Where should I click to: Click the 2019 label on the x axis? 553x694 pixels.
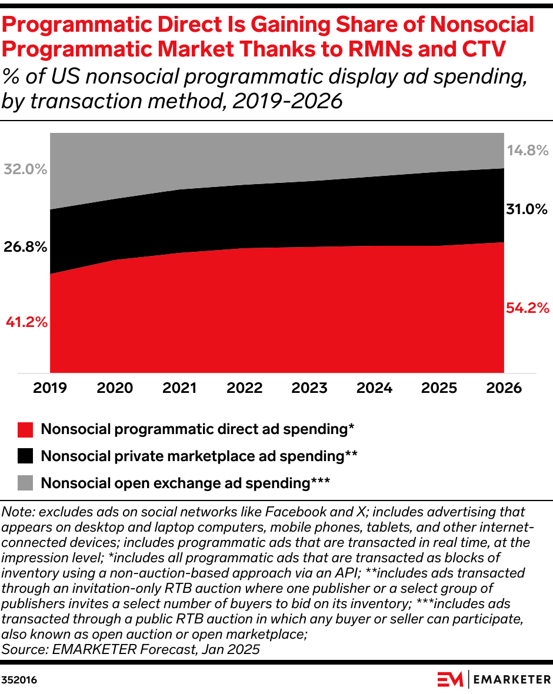point(50,388)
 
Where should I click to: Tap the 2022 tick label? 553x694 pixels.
point(244,388)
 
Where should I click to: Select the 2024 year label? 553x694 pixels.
point(375,388)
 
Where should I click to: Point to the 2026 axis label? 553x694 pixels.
point(504,388)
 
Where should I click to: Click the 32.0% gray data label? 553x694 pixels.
point(25,169)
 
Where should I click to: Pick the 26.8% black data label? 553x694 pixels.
point(25,247)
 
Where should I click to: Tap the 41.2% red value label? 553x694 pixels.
point(26,322)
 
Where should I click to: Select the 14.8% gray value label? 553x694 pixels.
point(527,150)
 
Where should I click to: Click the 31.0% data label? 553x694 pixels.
point(527,209)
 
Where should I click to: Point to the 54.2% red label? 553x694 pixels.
point(527,308)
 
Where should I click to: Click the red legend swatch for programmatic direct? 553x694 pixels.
point(25,429)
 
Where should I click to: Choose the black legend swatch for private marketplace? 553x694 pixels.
point(25,456)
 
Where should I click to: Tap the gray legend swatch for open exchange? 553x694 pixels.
point(25,483)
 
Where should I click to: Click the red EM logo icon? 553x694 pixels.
point(451,679)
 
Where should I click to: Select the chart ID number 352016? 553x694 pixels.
point(19,680)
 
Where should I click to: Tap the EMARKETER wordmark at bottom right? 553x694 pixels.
point(511,679)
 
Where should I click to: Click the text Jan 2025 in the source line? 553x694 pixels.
point(232,649)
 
